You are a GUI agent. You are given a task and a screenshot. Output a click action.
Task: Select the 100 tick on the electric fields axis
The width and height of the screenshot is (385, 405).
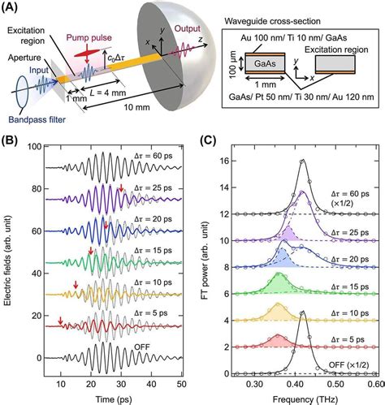click(32, 147)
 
